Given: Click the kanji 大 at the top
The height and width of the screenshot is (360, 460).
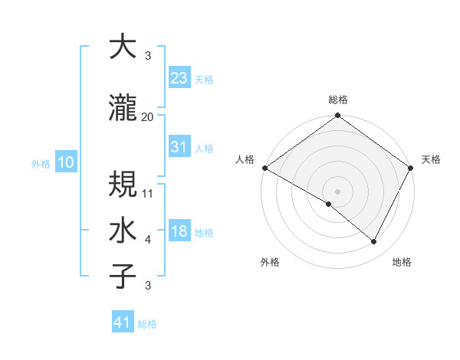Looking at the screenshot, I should click(123, 47).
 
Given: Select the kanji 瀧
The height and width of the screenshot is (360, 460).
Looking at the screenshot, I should click(123, 108).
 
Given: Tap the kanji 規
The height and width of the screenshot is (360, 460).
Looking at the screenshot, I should click(123, 185).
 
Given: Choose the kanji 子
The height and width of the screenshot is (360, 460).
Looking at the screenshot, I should click(123, 277).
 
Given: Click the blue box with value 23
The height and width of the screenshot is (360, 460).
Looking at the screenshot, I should click(179, 77).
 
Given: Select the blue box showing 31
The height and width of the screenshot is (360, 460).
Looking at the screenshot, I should click(179, 147).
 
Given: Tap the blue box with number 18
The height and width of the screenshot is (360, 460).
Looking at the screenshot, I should click(179, 231).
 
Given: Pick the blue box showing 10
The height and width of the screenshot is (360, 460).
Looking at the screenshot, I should click(65, 162).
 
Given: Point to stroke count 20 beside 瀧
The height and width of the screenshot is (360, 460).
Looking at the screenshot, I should click(148, 116).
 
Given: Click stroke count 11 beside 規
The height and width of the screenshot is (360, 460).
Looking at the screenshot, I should click(148, 193).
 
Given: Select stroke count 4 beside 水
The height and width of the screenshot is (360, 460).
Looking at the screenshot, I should click(148, 240).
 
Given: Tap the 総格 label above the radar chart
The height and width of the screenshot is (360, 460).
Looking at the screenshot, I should click(338, 100).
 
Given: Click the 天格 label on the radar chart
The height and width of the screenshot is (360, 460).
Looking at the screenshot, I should click(431, 159).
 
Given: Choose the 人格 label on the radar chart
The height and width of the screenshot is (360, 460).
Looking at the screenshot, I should click(245, 159).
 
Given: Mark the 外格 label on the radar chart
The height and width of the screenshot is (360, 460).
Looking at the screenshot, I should click(270, 262).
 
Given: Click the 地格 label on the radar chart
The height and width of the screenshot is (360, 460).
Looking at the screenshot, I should click(402, 262).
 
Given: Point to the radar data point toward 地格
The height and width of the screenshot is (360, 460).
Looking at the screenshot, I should click(374, 241).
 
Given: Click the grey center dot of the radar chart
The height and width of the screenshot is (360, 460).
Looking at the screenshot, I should click(338, 191).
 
